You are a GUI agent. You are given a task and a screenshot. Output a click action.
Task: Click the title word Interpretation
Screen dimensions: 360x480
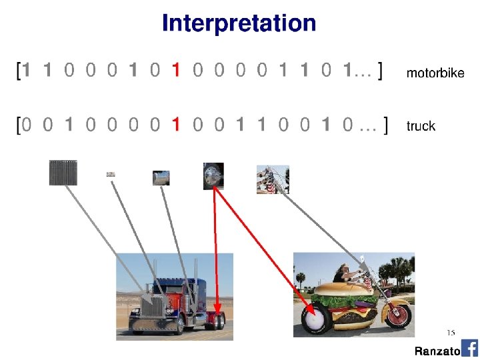coord(239,24)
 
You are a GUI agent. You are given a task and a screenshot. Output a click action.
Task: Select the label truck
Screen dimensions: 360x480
coord(421,126)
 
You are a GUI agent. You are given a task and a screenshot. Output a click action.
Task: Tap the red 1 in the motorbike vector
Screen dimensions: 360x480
coord(175,70)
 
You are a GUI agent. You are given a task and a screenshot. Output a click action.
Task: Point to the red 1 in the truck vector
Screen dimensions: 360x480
coord(175,124)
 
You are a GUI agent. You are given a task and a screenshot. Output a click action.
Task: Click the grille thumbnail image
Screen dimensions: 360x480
coord(63,173)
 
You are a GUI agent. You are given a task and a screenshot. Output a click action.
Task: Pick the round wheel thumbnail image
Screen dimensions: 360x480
coord(213,176)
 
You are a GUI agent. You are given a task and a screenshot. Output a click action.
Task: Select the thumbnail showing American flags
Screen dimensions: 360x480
coord(273,179)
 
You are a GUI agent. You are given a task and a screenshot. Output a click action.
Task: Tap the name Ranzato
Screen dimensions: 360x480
coord(437,351)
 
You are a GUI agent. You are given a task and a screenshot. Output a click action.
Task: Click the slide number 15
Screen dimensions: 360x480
coord(451,332)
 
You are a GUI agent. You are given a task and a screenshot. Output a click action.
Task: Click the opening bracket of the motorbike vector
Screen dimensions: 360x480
coord(18,70)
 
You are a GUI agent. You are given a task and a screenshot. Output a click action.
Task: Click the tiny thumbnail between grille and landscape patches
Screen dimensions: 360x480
coord(111,175)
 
